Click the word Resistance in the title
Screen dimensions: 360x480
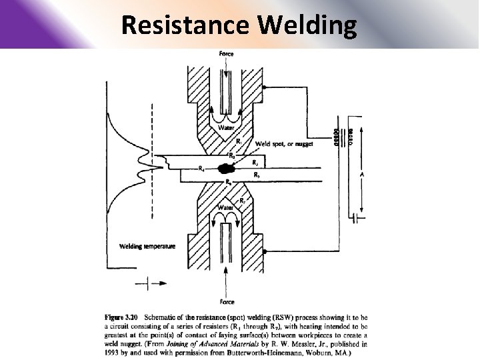(185, 25)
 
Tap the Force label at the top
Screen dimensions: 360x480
(227, 53)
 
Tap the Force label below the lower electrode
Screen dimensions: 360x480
(227, 301)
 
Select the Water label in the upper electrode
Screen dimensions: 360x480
(227, 128)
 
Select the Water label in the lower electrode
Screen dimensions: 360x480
(225, 207)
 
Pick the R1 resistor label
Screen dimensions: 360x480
(239, 141)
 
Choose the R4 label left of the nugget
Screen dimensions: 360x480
(201, 169)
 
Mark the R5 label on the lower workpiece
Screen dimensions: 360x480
(257, 175)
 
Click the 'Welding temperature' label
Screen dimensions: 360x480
(147, 246)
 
